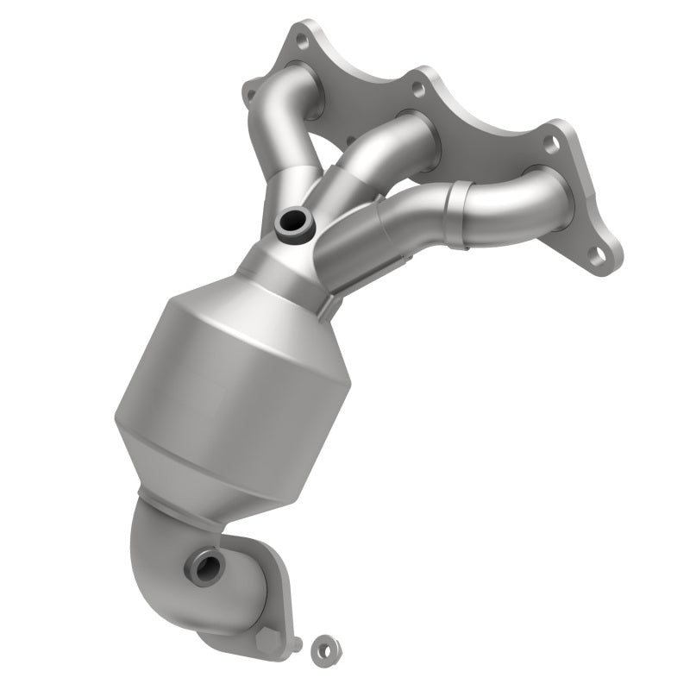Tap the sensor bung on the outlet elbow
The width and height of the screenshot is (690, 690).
click(x=207, y=567)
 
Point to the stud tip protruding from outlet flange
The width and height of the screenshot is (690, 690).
click(x=298, y=643)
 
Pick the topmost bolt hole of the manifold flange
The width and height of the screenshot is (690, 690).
click(x=301, y=39)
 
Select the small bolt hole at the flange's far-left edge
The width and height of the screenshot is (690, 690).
click(x=252, y=86)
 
